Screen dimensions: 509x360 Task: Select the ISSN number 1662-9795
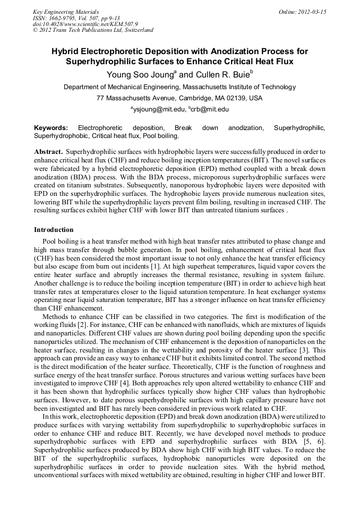tap(63, 18)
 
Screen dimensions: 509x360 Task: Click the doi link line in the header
tap(85, 24)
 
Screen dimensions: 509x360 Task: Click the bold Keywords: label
tap(51, 128)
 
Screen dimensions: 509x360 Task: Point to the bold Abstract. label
tap(48, 152)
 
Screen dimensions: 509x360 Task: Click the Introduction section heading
tap(54, 230)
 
